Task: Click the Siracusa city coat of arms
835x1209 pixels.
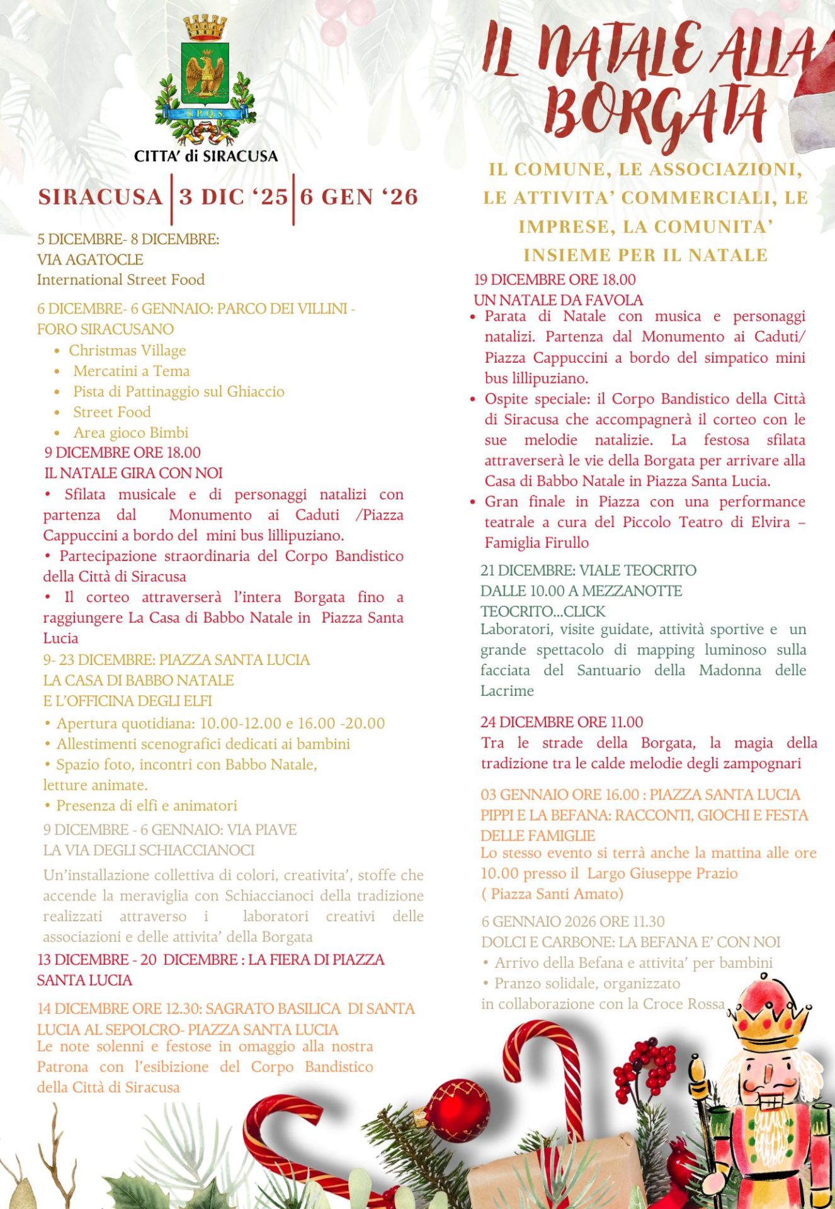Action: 205,82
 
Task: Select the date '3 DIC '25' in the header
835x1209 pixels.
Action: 233,197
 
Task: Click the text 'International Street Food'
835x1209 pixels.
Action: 121,280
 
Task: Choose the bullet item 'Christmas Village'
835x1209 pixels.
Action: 127,350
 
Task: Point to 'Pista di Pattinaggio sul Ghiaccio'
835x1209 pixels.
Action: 179,392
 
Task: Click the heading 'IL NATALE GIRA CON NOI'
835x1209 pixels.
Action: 133,473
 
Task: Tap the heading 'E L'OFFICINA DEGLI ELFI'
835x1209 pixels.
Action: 127,701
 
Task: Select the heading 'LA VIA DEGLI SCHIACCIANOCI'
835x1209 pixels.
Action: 149,850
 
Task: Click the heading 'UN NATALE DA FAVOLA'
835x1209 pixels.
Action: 559,300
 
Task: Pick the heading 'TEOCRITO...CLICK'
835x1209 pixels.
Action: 543,611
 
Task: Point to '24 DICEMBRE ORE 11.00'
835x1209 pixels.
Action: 562,722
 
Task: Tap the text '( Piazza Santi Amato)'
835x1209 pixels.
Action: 552,894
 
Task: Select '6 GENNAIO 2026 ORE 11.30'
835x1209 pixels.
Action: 573,922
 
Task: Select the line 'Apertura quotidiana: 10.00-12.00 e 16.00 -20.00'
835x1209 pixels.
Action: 220,724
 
